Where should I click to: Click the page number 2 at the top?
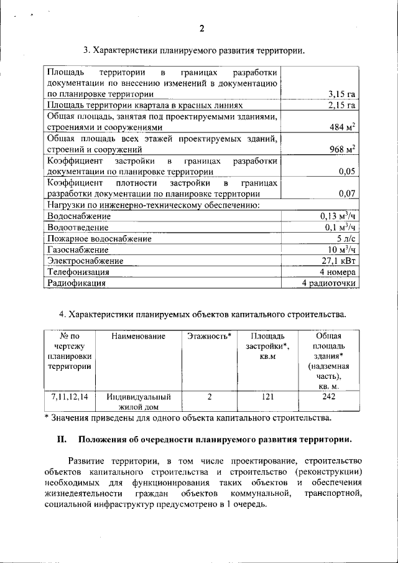click(x=201, y=28)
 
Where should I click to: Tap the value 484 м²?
click(x=342, y=127)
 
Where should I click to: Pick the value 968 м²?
click(x=342, y=149)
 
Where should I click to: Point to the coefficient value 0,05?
click(x=347, y=171)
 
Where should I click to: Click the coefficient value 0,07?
click(x=347, y=193)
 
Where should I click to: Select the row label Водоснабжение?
click(x=79, y=216)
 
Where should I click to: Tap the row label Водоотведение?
click(x=78, y=227)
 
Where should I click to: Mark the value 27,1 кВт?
click(x=338, y=261)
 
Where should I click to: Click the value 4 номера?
click(x=338, y=272)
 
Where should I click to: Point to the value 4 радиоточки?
click(x=329, y=283)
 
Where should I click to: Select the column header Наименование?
click(x=138, y=337)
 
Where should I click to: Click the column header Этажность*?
click(x=209, y=337)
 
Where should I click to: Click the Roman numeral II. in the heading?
click(x=62, y=439)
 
